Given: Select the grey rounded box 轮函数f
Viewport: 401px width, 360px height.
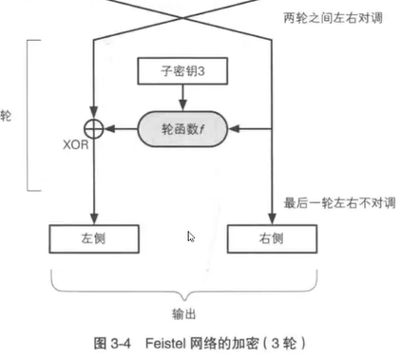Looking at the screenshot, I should pos(182,126).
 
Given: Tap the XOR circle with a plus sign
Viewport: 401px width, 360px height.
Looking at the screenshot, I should pos(94,126).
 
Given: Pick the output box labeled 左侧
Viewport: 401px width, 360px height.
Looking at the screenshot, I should pos(94,237).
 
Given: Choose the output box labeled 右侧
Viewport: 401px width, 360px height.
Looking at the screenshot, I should pos(271,237).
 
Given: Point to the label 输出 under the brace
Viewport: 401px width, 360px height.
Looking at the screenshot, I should pos(182,310).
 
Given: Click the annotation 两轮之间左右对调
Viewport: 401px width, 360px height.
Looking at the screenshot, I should pos(333,17).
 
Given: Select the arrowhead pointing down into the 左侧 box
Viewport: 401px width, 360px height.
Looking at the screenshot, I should pos(94,218).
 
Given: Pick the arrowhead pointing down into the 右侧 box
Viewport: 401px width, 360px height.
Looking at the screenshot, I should pos(271,218).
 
